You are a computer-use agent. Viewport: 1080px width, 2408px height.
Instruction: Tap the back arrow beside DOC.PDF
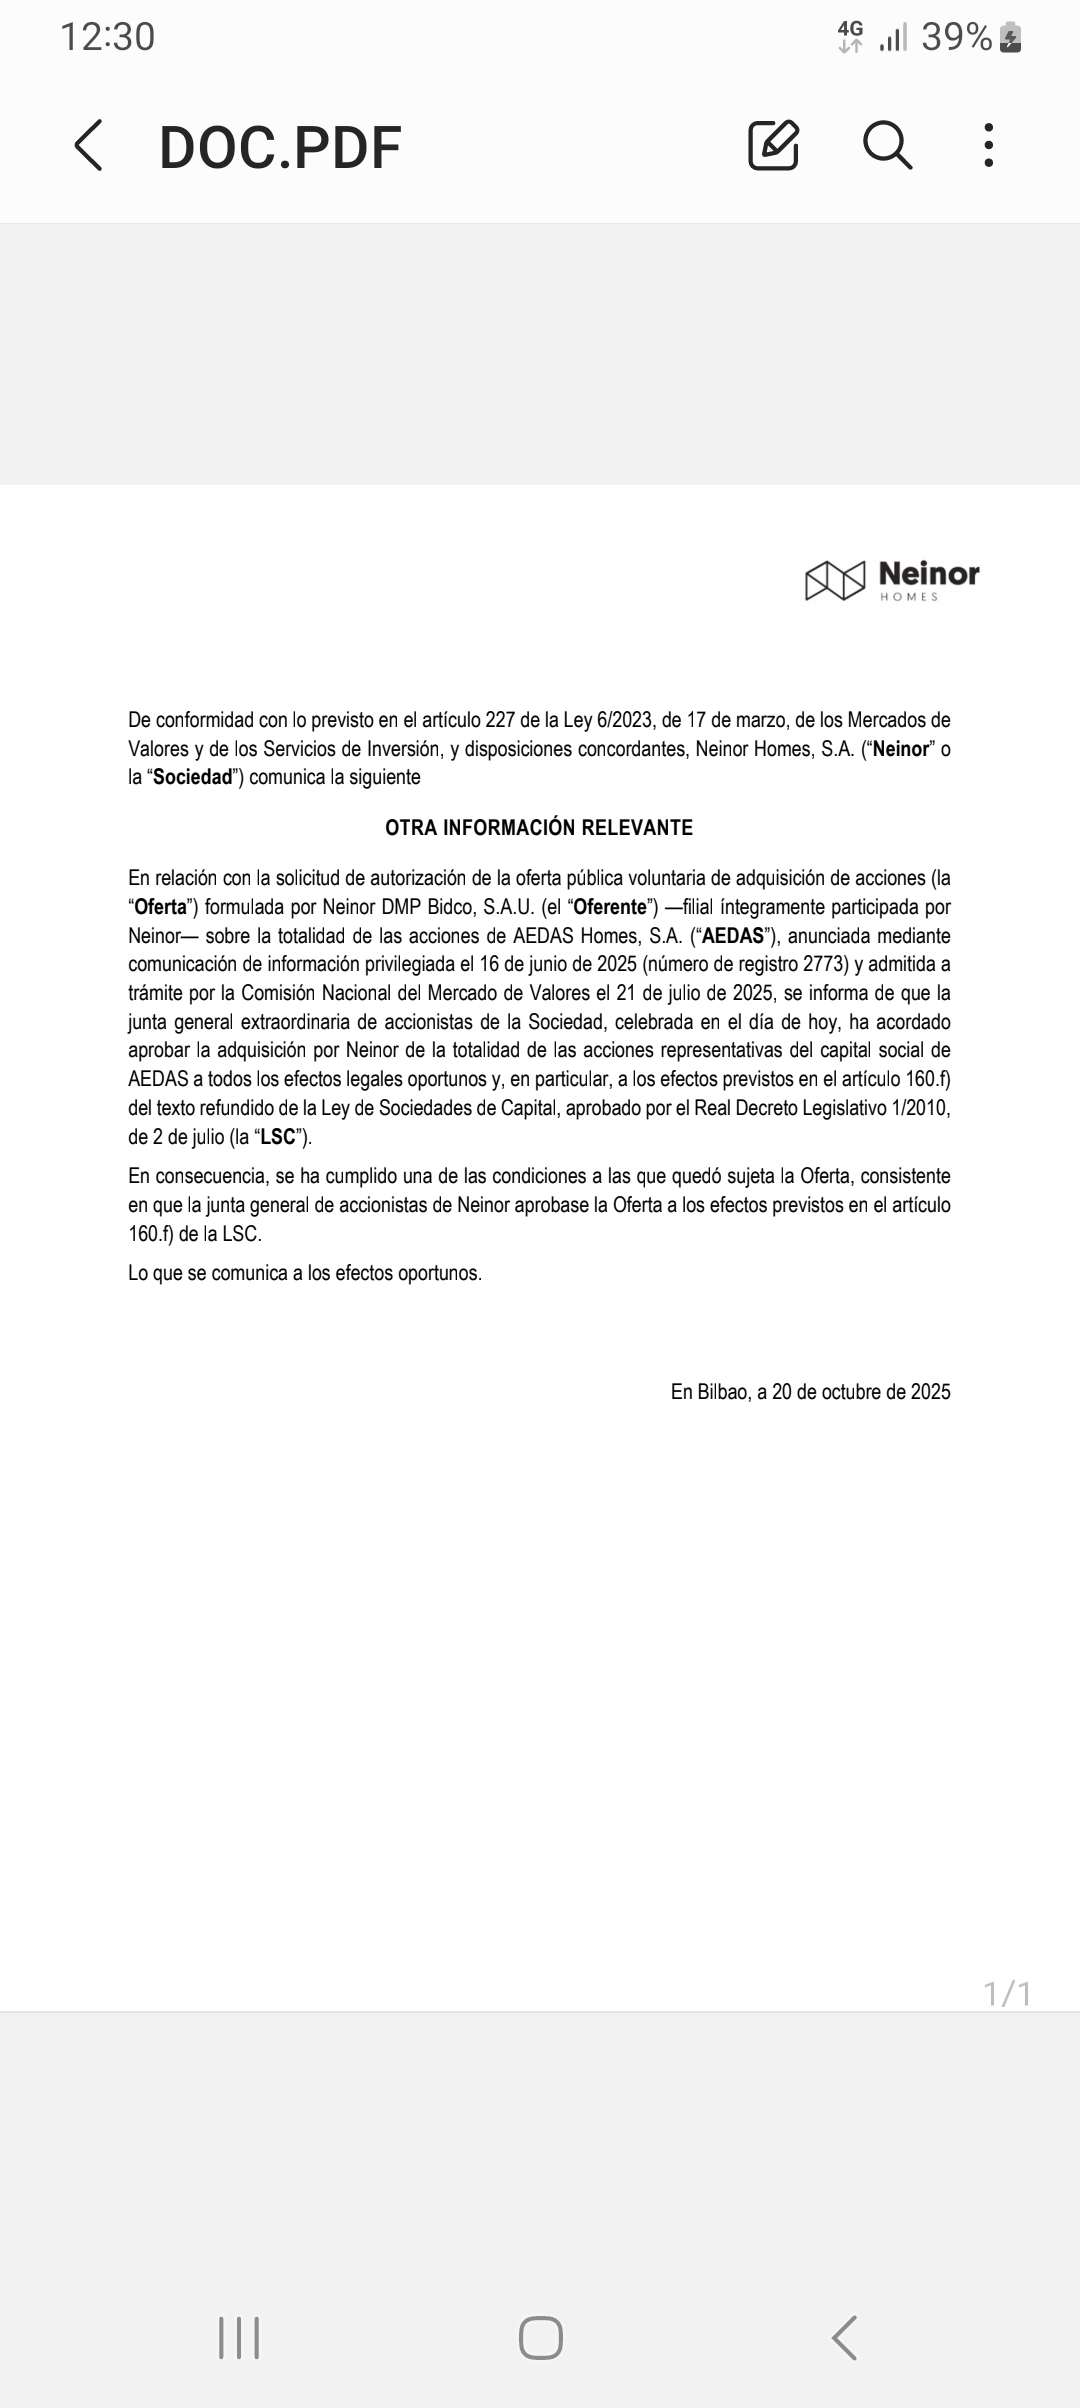[89, 146]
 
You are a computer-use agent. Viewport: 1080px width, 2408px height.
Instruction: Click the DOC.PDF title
[280, 148]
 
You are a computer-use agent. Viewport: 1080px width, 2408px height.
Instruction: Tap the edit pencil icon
[773, 146]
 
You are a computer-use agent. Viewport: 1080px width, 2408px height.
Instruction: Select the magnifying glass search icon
[887, 146]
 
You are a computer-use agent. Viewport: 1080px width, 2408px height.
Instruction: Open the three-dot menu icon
[988, 146]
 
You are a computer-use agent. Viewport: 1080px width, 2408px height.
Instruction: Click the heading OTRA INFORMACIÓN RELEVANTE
[539, 828]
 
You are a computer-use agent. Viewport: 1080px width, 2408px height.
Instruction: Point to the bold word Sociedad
[192, 777]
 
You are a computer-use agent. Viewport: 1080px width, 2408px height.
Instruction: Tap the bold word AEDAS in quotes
[733, 936]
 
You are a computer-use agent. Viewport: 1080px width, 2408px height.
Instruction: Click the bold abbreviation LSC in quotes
[278, 1137]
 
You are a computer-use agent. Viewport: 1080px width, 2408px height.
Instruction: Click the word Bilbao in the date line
[722, 1392]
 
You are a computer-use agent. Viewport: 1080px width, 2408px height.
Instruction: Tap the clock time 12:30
[108, 38]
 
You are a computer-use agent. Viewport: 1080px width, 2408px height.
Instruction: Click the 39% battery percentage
[956, 38]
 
